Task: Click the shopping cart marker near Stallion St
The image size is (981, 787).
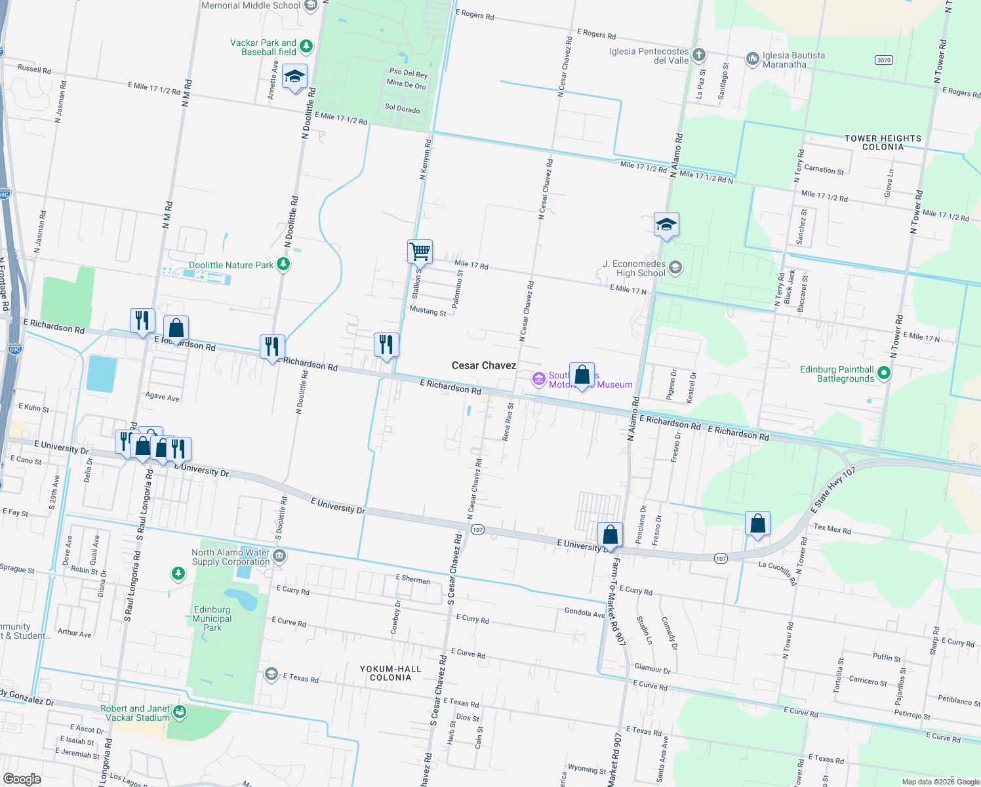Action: (x=420, y=252)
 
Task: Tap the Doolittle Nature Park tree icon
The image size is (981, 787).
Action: (x=283, y=264)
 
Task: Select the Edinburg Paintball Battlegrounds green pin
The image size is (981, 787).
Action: (x=884, y=373)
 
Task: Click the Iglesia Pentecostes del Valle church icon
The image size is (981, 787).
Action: (x=699, y=54)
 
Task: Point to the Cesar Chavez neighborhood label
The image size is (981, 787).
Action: (x=483, y=365)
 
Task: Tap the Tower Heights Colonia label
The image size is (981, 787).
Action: (x=883, y=142)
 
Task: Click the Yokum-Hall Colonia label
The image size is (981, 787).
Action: (x=390, y=673)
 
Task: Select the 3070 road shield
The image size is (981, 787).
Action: (x=884, y=60)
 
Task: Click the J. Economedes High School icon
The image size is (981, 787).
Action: (x=675, y=268)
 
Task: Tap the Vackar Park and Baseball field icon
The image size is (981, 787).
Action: (x=306, y=47)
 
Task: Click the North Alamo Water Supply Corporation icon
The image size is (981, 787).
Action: (x=279, y=557)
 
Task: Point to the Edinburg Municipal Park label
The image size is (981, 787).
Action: (x=212, y=618)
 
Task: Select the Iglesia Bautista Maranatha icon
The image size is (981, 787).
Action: (x=752, y=60)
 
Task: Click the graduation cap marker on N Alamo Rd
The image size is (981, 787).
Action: (x=666, y=225)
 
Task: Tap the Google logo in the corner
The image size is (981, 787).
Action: (x=22, y=779)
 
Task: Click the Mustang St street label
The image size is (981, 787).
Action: (x=428, y=310)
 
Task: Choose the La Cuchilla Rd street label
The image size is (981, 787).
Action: (x=778, y=573)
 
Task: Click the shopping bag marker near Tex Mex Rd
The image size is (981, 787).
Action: (x=757, y=524)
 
